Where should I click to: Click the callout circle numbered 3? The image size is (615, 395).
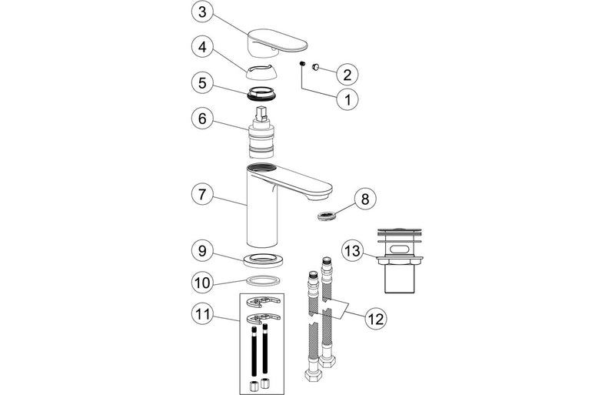click(201, 12)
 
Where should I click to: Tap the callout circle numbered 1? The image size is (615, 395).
click(347, 99)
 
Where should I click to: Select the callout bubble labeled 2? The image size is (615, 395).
click(347, 74)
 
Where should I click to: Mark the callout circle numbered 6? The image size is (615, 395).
click(201, 121)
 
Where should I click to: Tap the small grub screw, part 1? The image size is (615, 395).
click(303, 65)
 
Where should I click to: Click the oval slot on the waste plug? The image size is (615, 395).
click(404, 249)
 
